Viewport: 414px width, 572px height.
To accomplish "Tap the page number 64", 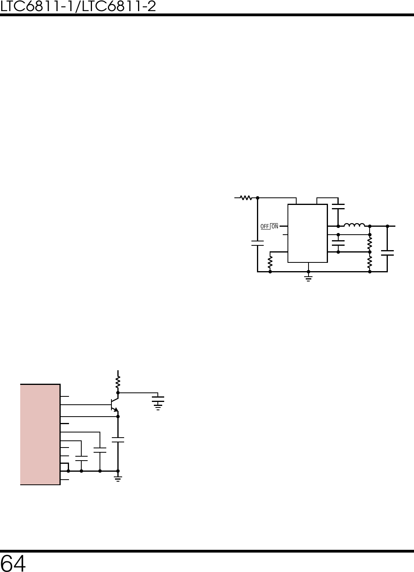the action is pyautogui.click(x=13, y=563).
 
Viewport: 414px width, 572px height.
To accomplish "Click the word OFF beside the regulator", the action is pyautogui.click(x=264, y=226).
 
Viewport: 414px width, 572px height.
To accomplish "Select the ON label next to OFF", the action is pyautogui.click(x=275, y=226).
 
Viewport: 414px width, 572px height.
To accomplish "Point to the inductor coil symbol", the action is pyautogui.click(x=354, y=225).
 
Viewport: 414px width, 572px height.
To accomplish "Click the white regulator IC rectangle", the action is pyautogui.click(x=307, y=233).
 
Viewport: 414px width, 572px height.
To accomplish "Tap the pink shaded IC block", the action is pyautogui.click(x=40, y=434).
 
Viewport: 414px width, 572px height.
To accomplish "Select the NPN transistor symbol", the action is pyautogui.click(x=115, y=405).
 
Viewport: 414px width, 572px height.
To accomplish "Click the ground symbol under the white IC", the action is pyautogui.click(x=308, y=278).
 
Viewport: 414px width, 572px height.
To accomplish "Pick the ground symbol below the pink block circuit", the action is pyautogui.click(x=118, y=479).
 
